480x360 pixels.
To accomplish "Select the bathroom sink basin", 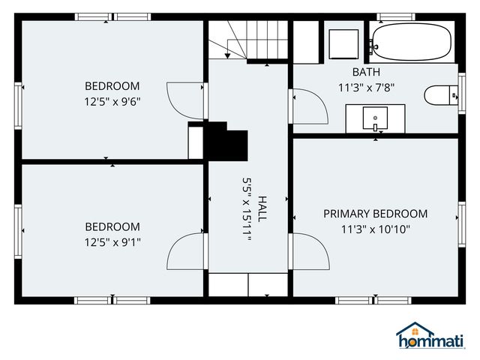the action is point(375,118).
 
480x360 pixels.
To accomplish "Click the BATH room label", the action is point(366,72).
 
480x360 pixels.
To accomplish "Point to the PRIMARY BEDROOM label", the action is point(375,214).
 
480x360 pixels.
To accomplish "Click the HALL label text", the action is point(262,208).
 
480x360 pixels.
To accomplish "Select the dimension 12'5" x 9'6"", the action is point(112,102).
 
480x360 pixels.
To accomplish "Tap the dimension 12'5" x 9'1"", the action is point(112,242).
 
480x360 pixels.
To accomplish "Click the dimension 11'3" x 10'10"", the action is point(375,229).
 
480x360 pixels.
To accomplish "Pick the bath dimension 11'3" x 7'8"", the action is point(366,88).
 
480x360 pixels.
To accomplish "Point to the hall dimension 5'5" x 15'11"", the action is point(247,208).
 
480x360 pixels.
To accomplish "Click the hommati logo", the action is point(431,336).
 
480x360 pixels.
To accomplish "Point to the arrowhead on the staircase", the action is point(227,55).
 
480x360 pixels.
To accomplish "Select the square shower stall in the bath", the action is point(343,44).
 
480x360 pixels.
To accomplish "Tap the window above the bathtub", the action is point(396,16).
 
